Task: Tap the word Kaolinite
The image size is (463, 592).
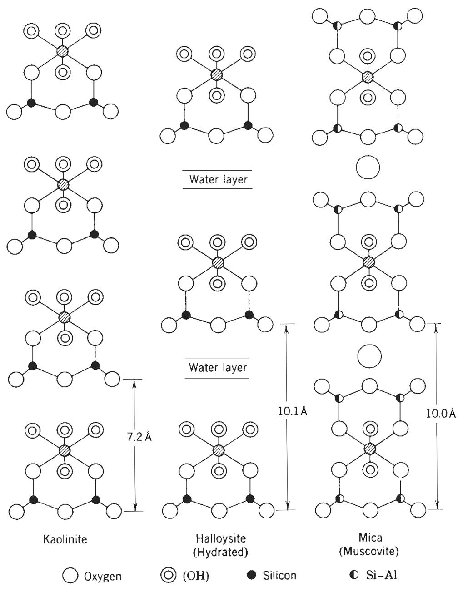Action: point(65,539)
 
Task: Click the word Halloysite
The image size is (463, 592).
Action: point(221,538)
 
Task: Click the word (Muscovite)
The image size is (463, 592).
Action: point(369,552)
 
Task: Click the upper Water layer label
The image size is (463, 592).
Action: point(219,179)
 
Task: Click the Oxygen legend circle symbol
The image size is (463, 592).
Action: point(70,576)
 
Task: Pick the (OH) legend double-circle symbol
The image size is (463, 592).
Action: point(169,576)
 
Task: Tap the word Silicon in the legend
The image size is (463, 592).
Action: point(279,576)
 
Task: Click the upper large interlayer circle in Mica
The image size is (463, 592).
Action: point(368,168)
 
